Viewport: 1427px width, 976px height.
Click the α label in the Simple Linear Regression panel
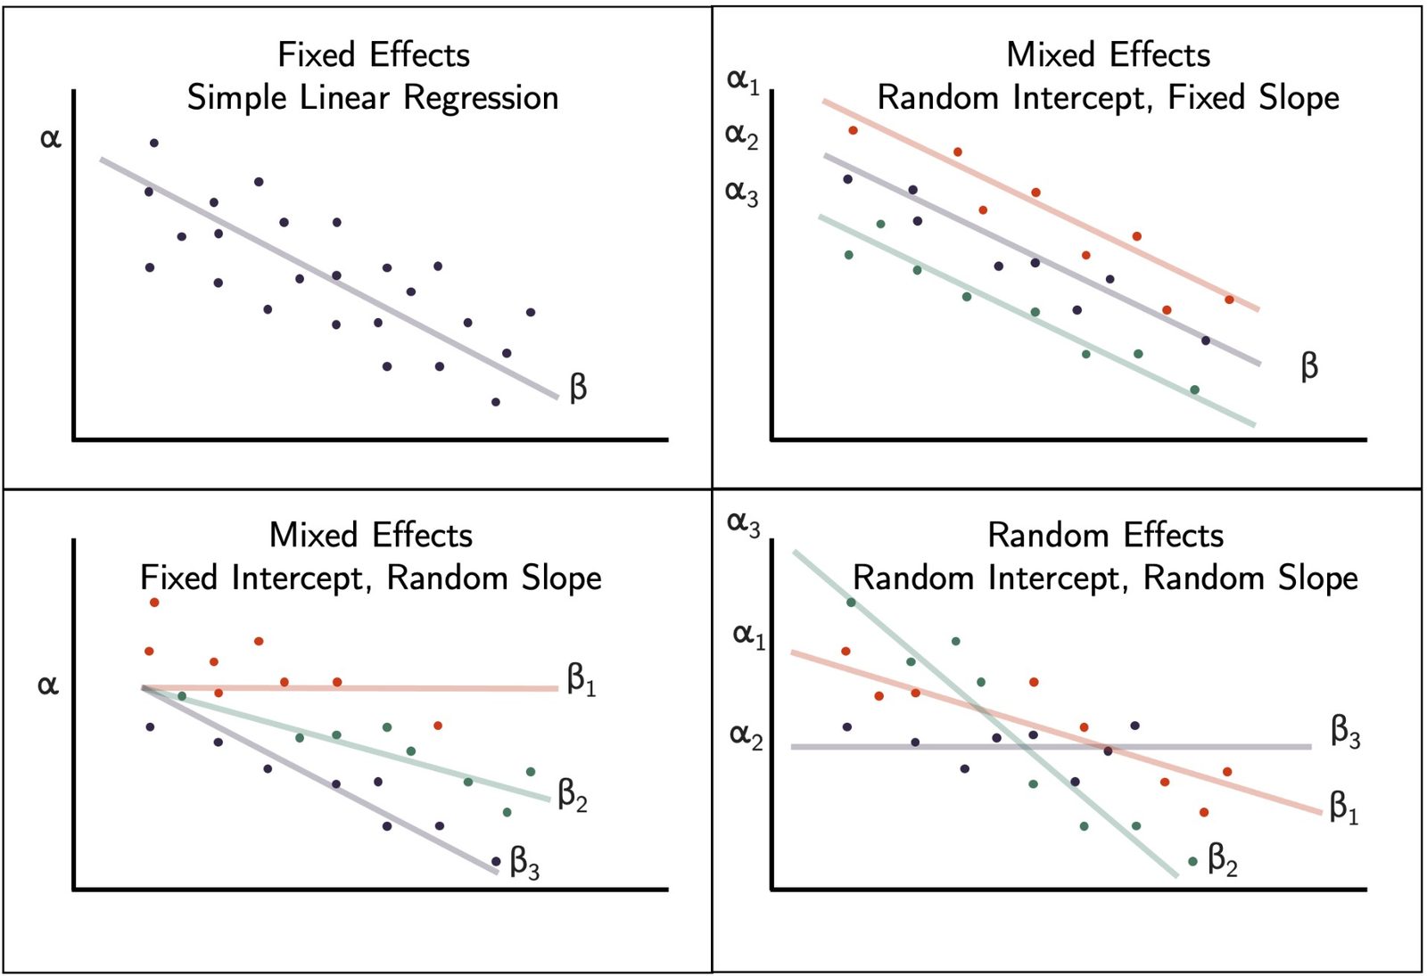tap(51, 137)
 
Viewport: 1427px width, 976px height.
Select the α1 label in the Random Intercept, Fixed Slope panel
tap(744, 81)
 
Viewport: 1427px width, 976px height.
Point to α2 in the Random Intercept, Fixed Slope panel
tap(742, 136)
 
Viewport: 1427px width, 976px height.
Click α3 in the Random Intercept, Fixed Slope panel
tap(742, 193)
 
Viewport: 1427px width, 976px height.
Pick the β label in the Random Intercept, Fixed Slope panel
tap(1309, 366)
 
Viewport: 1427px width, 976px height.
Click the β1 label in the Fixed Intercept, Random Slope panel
tap(582, 680)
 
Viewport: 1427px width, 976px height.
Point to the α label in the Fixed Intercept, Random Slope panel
tap(48, 685)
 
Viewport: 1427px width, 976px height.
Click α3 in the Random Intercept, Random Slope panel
tap(744, 525)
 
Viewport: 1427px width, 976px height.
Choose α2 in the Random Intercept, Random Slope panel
tap(746, 737)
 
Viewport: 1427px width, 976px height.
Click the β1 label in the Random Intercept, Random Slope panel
tap(1344, 808)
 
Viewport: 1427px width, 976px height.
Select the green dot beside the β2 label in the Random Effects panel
tap(1193, 861)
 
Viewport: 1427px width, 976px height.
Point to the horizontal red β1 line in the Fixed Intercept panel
tap(350, 688)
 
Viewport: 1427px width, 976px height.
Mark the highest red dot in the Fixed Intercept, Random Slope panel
tap(154, 603)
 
